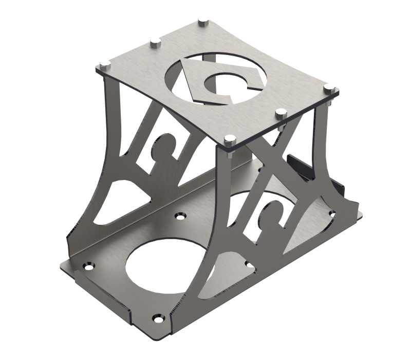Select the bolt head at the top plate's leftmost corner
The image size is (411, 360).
(x=105, y=65)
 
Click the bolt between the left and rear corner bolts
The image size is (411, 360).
(x=154, y=42)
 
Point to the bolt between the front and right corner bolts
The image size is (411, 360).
(x=280, y=112)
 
